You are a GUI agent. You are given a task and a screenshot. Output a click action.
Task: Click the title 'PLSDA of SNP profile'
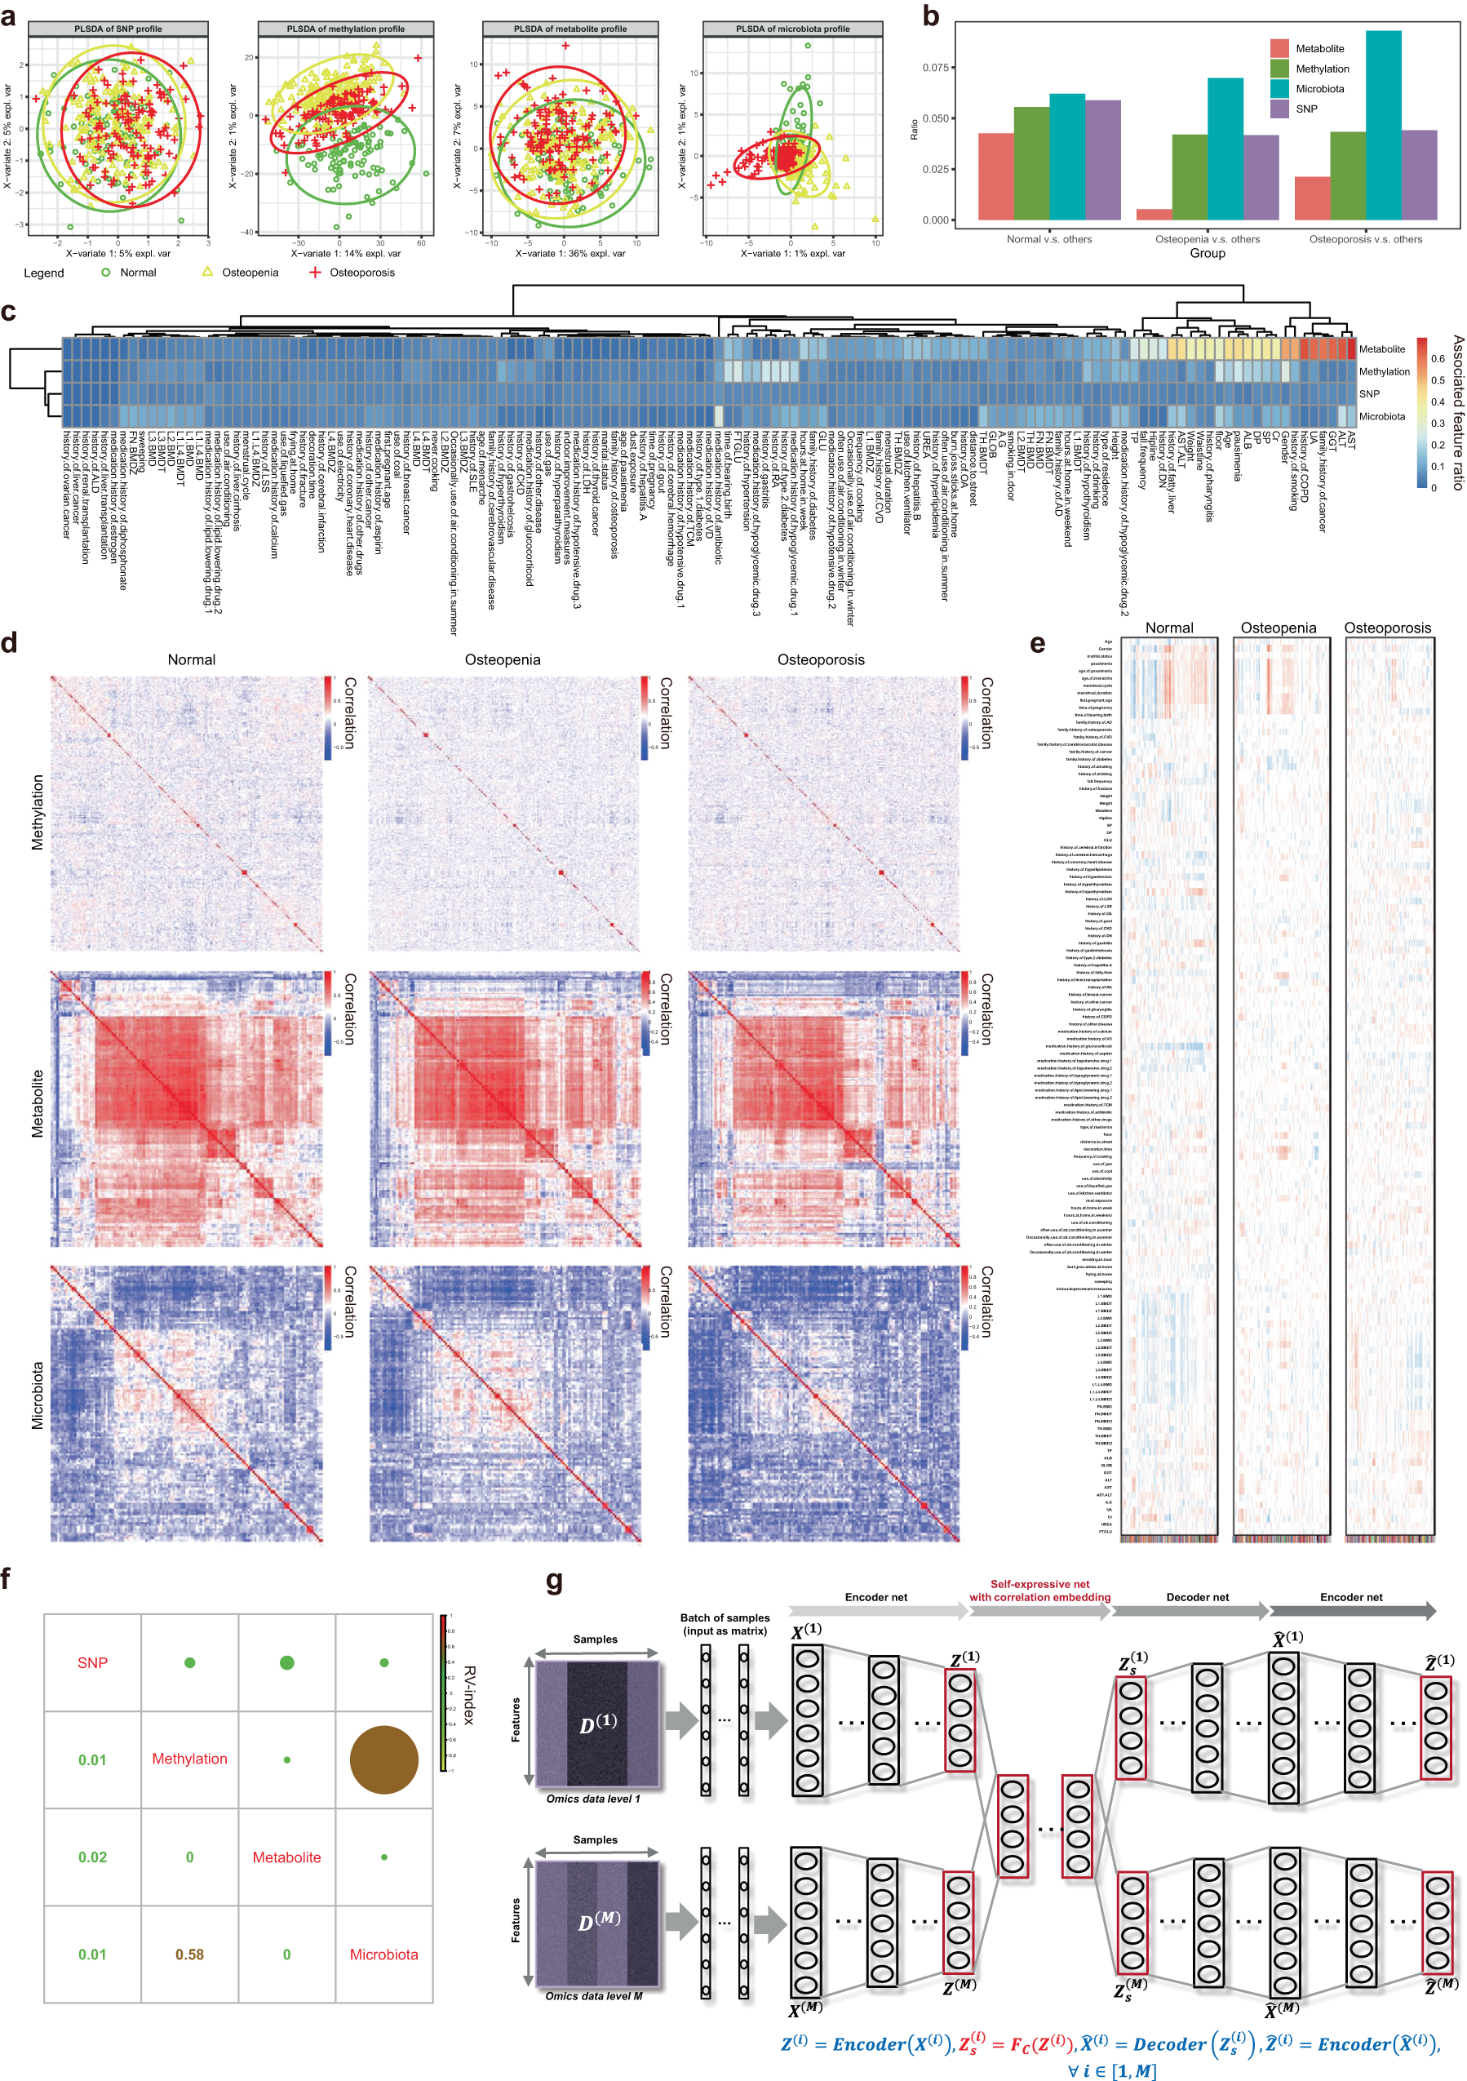point(117,29)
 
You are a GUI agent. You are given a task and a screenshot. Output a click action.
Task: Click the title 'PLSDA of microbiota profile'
point(792,29)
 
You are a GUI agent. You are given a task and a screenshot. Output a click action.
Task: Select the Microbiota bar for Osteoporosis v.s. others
point(1383,125)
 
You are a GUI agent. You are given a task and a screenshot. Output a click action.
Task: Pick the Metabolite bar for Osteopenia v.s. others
point(1154,215)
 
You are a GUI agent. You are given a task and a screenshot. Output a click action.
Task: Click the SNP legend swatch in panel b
point(1279,109)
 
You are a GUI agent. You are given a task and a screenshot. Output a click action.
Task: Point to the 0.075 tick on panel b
point(935,68)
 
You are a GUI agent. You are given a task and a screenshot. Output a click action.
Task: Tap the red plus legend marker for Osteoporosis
point(314,272)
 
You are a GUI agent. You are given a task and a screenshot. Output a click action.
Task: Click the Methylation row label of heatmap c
point(1384,371)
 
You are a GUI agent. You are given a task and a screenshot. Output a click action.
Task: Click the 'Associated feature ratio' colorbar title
point(1457,412)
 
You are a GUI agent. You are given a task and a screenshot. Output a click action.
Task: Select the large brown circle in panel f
point(383,1759)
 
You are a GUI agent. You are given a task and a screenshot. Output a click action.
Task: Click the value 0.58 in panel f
point(189,1955)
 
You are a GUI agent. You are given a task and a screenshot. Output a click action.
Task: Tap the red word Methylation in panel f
point(189,1759)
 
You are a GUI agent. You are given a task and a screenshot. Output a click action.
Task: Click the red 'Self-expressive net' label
point(1039,1583)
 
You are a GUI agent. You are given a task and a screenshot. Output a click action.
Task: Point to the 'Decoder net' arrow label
point(1197,1597)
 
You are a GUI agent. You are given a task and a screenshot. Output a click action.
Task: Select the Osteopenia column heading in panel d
point(502,660)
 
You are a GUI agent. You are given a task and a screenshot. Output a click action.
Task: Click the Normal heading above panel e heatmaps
point(1169,628)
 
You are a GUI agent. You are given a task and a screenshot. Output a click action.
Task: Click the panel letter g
point(554,1582)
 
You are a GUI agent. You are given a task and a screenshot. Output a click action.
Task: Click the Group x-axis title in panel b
point(1207,254)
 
